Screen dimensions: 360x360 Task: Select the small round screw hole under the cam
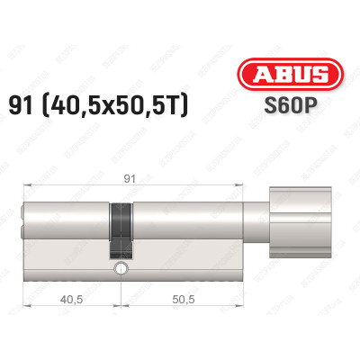pos(119,269)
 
